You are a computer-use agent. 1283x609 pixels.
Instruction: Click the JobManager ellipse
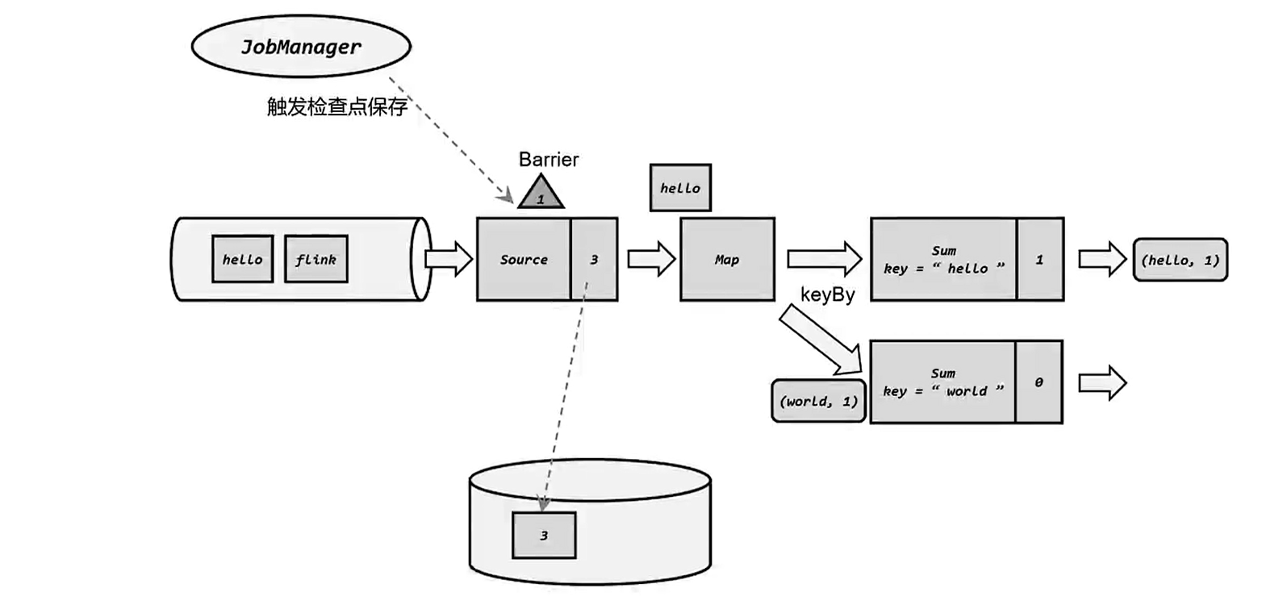click(x=301, y=47)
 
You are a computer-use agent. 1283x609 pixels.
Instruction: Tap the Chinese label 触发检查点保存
click(x=336, y=106)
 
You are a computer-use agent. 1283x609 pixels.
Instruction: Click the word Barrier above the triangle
click(x=549, y=160)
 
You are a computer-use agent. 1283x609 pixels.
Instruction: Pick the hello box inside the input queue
click(x=242, y=259)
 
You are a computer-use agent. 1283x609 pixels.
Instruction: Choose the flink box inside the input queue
click(x=316, y=259)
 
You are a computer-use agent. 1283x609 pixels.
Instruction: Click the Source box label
click(x=524, y=259)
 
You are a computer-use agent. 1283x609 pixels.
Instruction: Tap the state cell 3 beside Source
click(x=594, y=259)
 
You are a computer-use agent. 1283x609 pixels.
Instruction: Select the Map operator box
click(x=727, y=259)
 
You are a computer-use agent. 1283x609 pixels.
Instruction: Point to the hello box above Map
click(x=680, y=188)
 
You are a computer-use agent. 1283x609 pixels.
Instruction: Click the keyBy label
click(x=827, y=294)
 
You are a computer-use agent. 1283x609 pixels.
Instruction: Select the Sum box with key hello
click(x=943, y=259)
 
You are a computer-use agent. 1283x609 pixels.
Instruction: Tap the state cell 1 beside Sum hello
click(x=1039, y=259)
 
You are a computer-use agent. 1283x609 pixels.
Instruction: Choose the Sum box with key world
click(x=942, y=382)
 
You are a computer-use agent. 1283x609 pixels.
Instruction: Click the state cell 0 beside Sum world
click(x=1039, y=382)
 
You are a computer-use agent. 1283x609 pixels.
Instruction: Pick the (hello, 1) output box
click(x=1180, y=260)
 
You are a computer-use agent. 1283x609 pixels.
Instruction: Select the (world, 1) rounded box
click(x=818, y=401)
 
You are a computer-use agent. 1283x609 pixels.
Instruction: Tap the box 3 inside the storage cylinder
click(x=544, y=535)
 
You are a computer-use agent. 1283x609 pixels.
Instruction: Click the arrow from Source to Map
click(x=650, y=259)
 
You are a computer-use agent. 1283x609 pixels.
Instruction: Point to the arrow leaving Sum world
click(x=1101, y=382)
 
